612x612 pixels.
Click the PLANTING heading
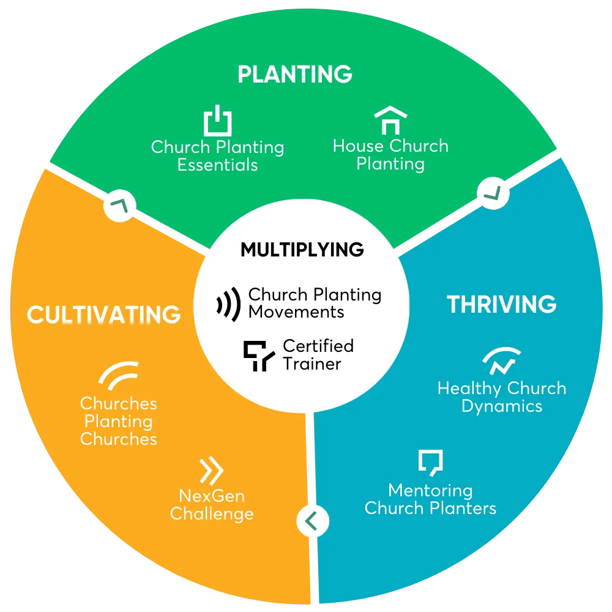[x=295, y=74]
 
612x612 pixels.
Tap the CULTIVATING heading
[x=103, y=315]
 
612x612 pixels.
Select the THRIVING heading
[x=502, y=304]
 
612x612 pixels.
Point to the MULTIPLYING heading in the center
[x=302, y=250]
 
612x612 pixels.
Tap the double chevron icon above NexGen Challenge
[x=211, y=470]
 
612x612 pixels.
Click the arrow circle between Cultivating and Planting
[x=120, y=206]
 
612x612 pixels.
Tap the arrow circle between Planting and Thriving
[x=493, y=193]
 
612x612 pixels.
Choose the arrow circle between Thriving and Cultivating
[x=313, y=521]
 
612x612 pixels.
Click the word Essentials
[x=217, y=165]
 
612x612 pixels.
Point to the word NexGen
[x=212, y=496]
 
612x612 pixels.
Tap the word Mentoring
[x=430, y=491]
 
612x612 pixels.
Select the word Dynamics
[x=502, y=407]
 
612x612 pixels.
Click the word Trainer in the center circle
[x=312, y=364]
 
